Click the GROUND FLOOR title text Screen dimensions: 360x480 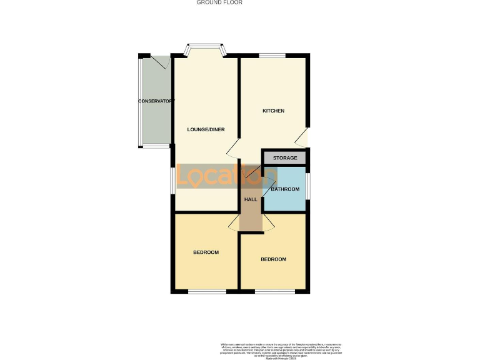(219, 2)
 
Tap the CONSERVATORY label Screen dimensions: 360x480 (156, 101)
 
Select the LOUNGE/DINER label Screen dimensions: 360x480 (206, 130)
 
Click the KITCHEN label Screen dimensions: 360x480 (273, 111)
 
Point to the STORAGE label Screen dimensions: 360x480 (285, 158)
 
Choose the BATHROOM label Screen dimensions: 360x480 (285, 189)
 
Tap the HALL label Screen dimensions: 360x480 (251, 199)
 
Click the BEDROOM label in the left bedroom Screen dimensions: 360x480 (206, 252)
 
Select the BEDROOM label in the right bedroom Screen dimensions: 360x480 (273, 259)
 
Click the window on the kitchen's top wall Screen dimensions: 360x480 (272, 56)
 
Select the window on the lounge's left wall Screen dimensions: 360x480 (172, 181)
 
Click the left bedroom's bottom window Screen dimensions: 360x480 (207, 292)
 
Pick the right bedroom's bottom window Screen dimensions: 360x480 (274, 292)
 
